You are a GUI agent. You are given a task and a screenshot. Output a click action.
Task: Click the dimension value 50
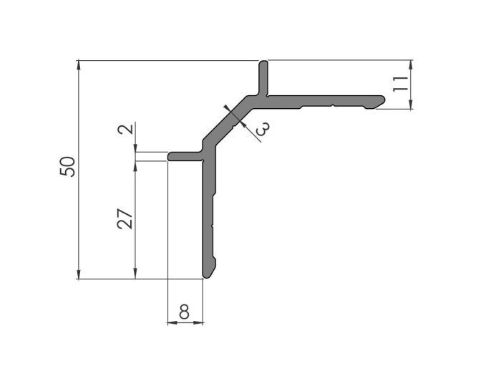click(x=69, y=167)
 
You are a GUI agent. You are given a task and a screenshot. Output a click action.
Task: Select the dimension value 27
click(x=124, y=218)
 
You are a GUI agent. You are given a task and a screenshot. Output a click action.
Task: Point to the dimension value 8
click(x=184, y=312)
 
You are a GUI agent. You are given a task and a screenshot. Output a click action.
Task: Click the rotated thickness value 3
click(x=262, y=128)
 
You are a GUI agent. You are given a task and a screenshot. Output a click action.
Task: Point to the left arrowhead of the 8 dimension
click(x=172, y=323)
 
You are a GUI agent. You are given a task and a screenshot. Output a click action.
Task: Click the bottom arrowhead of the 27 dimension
click(x=135, y=274)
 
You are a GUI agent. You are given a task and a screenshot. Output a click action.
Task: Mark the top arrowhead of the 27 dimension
click(x=135, y=165)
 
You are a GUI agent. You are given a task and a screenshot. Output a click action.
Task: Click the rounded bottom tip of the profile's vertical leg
click(x=208, y=274)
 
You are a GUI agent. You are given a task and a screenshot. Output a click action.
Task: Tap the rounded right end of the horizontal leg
click(x=380, y=100)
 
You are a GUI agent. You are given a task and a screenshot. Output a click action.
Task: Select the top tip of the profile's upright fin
click(x=264, y=64)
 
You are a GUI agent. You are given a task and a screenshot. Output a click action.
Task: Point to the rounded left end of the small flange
click(x=172, y=155)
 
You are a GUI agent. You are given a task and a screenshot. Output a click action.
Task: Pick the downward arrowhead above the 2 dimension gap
click(x=135, y=147)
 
